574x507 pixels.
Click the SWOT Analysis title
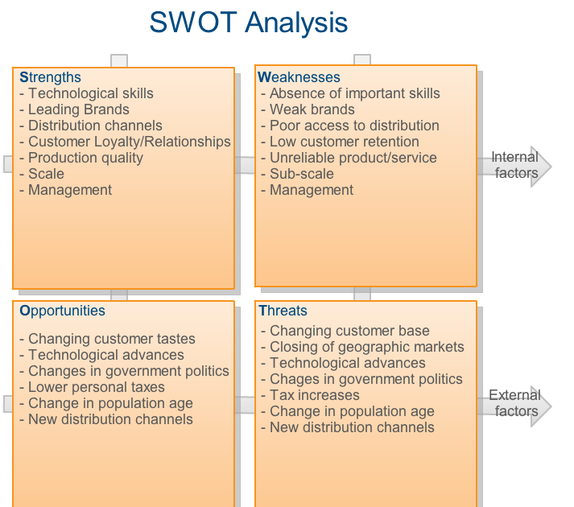point(249,23)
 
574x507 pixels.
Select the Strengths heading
point(50,77)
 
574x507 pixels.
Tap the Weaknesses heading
point(299,77)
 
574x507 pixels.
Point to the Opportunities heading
point(62,311)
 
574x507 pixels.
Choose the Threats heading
point(283,311)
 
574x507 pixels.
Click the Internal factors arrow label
point(515,165)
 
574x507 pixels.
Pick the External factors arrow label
point(515,403)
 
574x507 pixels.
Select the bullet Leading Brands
point(79,109)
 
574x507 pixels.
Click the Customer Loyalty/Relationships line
point(130,142)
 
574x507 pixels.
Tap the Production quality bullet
point(85,158)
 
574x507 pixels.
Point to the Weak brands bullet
point(312,109)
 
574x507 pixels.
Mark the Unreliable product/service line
point(353,158)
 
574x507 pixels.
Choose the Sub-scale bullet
point(302,174)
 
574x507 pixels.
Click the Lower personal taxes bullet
point(97,387)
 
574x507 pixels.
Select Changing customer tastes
point(112,339)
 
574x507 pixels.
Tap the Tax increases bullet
point(315,395)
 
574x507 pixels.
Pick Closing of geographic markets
point(367,347)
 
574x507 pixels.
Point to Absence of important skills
point(355,93)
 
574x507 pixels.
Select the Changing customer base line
point(349,331)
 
